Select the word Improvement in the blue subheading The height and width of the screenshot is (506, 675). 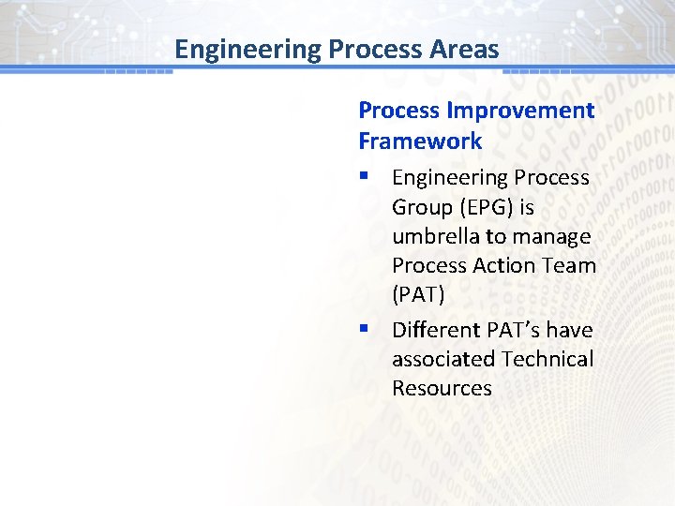520,111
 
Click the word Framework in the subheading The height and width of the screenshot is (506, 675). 420,141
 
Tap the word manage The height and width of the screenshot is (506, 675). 554,236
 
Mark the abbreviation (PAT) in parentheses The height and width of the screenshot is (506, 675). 418,294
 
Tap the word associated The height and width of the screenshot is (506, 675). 443,359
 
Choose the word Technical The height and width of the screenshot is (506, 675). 547,359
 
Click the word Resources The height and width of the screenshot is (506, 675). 442,388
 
